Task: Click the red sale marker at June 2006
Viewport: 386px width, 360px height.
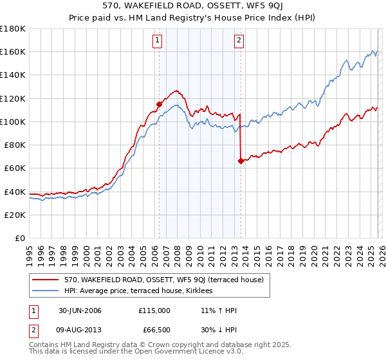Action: (x=159, y=104)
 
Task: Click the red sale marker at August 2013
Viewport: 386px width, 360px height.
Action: (x=240, y=161)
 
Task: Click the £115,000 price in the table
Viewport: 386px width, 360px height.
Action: (x=154, y=310)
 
